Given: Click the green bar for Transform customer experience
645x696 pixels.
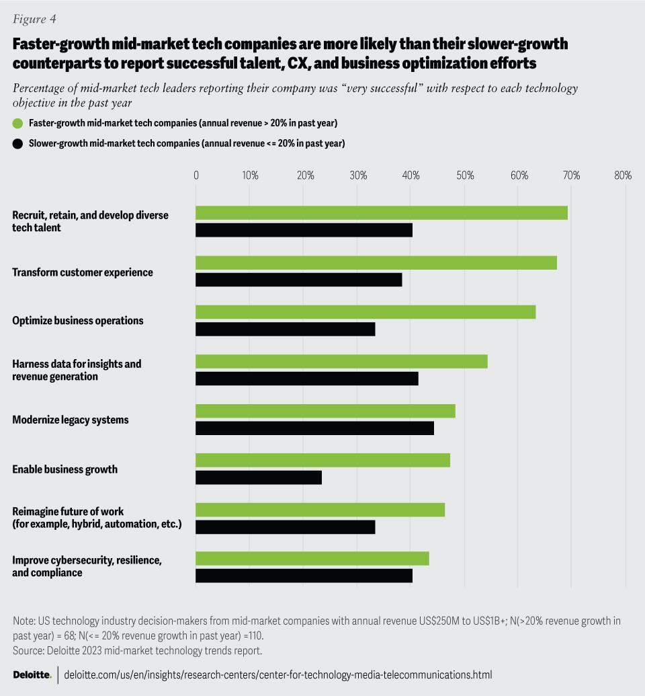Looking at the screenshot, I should coord(376,263).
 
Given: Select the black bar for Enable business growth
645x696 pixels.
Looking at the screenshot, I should coord(259,477).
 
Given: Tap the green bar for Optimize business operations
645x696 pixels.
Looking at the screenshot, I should coord(365,312).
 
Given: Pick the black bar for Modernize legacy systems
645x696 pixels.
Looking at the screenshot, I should coord(314,428).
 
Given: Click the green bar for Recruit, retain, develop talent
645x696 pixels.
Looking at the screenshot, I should coord(381,213).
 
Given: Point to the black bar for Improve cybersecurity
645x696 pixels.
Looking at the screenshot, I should coord(304,576).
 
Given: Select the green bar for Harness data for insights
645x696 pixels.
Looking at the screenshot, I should coord(341,362).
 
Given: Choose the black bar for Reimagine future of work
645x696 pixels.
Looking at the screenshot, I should coord(285,527).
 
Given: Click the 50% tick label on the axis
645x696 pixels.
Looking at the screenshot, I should coord(465,176).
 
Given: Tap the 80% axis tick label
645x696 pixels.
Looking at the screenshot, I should coord(622,176).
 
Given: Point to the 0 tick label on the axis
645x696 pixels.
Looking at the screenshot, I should coord(196,176).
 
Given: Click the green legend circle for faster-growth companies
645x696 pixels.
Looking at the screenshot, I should coord(18,123).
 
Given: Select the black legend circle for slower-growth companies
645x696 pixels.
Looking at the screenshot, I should coord(18,143).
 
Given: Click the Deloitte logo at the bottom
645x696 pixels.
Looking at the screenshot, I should coord(32,674).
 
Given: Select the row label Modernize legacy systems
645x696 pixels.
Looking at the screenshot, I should coord(71,420).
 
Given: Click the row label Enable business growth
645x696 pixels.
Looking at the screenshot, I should coord(65,469).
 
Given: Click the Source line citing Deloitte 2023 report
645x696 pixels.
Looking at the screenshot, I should coord(137,650).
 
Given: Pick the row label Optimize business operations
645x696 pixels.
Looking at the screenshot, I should coord(78,321).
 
